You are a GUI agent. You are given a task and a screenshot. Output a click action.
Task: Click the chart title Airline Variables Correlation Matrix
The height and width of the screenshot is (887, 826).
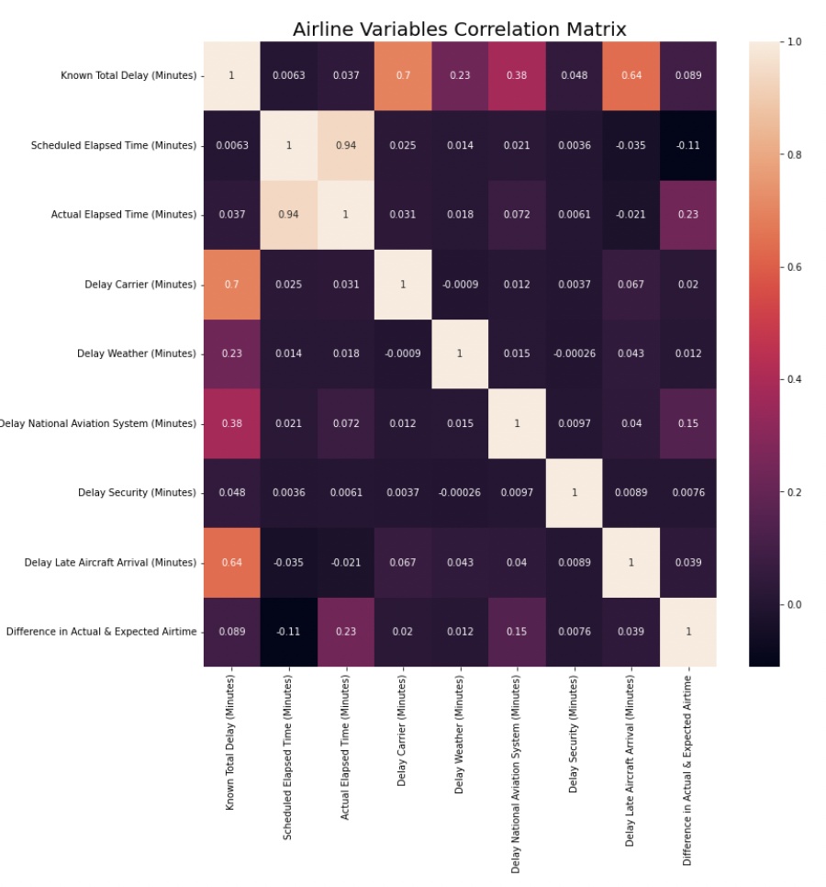click(459, 29)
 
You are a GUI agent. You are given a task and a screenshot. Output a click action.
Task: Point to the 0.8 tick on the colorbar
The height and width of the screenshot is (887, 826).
click(794, 155)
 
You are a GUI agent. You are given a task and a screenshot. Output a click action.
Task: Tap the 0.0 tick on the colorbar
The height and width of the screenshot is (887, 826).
click(794, 605)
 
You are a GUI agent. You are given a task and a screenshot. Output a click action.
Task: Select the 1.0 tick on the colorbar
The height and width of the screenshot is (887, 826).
click(794, 42)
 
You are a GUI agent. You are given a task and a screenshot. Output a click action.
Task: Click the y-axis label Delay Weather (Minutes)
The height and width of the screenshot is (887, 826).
click(136, 354)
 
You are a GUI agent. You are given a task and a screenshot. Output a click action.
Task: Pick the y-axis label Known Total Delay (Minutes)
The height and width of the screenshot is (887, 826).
click(128, 75)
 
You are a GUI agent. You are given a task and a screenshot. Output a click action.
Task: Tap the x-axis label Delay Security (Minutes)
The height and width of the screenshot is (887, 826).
click(574, 734)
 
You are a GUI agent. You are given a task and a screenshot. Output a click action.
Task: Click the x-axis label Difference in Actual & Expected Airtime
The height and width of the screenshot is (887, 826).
click(687, 769)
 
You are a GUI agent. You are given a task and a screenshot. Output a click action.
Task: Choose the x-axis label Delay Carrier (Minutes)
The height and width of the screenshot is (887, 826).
click(402, 731)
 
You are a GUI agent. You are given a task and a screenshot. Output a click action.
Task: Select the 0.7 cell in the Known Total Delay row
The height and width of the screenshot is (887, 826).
click(403, 75)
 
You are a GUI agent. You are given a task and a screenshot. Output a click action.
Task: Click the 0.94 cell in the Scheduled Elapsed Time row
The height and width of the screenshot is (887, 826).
click(346, 145)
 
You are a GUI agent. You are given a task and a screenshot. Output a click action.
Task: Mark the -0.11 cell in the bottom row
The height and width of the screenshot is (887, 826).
click(288, 631)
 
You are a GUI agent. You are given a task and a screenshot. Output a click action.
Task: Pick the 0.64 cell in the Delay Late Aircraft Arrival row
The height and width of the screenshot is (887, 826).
click(231, 562)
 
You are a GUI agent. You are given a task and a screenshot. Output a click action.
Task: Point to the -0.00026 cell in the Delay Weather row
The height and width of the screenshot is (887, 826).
click(574, 354)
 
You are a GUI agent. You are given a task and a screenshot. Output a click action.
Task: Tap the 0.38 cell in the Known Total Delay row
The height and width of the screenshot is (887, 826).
click(517, 75)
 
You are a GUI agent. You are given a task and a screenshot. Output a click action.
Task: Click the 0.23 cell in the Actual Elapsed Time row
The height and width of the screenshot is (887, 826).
click(688, 215)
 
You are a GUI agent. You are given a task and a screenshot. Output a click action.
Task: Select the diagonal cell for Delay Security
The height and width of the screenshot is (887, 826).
click(574, 492)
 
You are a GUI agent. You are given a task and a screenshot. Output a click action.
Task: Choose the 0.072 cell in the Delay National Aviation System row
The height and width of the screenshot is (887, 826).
click(346, 423)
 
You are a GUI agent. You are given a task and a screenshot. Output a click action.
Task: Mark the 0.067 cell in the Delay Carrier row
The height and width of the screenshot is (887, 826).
click(631, 285)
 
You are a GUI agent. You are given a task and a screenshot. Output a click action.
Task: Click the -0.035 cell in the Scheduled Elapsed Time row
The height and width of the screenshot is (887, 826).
click(631, 145)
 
